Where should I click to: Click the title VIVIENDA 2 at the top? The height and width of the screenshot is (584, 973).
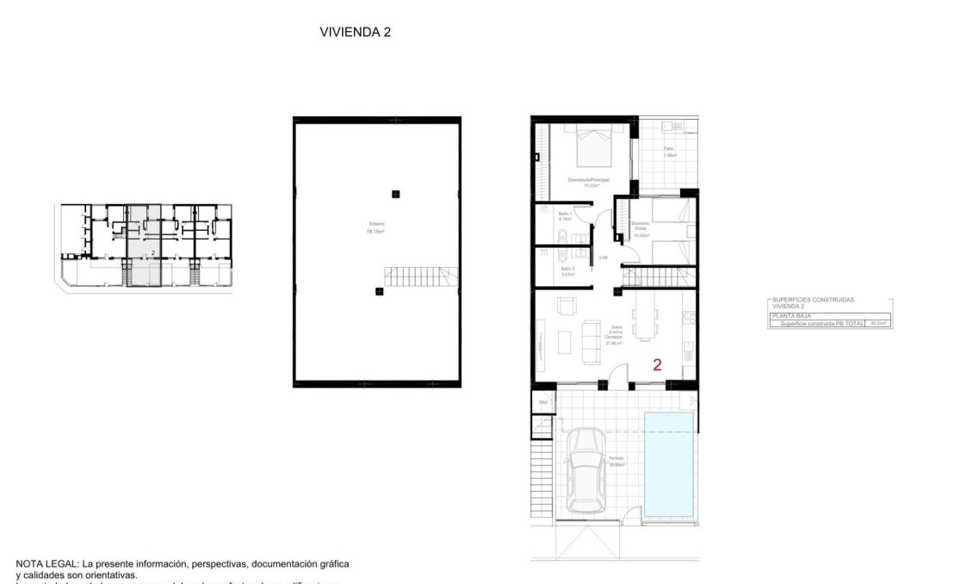(x=356, y=32)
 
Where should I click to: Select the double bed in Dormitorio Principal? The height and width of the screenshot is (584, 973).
(x=592, y=144)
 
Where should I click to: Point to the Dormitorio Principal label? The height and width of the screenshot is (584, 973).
(x=589, y=182)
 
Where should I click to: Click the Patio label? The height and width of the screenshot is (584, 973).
(x=670, y=152)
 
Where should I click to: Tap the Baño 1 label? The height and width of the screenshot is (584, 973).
(x=566, y=215)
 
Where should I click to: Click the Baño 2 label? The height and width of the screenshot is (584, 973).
(x=567, y=270)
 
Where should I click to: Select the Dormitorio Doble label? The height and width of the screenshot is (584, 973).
(x=641, y=227)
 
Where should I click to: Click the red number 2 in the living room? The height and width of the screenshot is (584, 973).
(x=657, y=364)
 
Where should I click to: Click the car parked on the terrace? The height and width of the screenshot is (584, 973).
(x=586, y=470)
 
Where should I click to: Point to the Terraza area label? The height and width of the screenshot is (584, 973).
(x=617, y=461)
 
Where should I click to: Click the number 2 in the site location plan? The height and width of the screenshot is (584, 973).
(x=152, y=252)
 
